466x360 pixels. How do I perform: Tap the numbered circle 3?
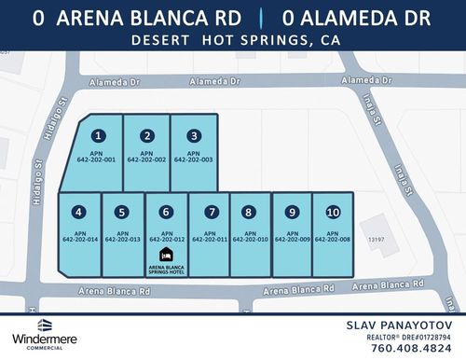(193, 136)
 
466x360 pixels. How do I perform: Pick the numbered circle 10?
(333, 212)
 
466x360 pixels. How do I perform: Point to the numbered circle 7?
(212, 212)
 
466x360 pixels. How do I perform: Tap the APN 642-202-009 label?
(292, 236)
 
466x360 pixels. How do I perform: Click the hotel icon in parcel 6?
(167, 255)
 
